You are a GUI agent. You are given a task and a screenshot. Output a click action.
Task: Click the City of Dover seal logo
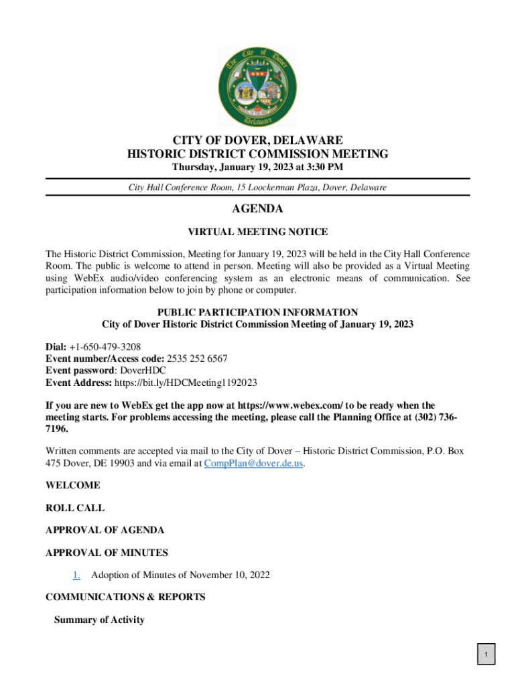pos(258,87)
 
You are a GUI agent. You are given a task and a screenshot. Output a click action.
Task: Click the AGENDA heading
pos(257,209)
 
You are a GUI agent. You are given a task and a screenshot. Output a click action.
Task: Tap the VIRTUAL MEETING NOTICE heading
pos(257,232)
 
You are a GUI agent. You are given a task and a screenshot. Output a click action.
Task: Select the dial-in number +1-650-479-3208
pos(105,347)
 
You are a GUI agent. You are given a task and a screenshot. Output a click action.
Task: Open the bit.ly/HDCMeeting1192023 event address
pos(186,383)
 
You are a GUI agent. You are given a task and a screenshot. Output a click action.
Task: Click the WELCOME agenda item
pos(73,485)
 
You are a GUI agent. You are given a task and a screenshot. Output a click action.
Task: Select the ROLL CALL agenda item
pos(75,508)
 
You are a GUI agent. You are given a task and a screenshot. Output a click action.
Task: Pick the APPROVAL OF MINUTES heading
pos(107,553)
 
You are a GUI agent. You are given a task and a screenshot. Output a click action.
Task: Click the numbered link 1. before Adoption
pos(76,575)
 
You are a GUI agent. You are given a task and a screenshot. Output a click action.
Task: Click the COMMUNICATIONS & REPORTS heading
pos(125,597)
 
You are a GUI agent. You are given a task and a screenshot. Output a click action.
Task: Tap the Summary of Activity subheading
pos(99,620)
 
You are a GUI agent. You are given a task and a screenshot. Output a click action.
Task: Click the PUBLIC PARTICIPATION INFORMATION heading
pos(257,312)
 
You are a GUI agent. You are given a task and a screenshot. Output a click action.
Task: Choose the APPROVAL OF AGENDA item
pos(105,530)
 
